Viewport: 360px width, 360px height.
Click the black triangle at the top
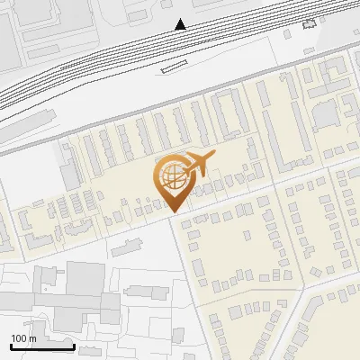(x=181, y=24)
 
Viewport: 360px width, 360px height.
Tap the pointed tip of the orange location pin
(x=174, y=211)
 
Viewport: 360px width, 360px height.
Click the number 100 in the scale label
(x=19, y=338)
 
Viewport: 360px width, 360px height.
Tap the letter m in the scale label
(x=31, y=338)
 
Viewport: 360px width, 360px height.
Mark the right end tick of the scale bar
(x=74, y=345)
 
